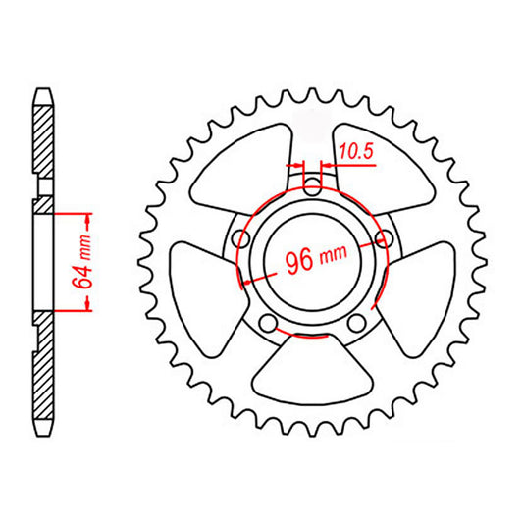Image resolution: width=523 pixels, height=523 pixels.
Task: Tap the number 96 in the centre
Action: pos(300,261)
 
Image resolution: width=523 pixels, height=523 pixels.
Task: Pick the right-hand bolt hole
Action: pos(384,237)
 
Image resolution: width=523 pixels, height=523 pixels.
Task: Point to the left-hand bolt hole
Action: pos(240,237)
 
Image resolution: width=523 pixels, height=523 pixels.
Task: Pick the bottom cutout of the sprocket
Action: pos(312,373)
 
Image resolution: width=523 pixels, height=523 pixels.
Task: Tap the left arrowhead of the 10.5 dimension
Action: pos(298,166)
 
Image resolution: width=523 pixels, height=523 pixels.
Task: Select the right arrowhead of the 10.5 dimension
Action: pos(327,166)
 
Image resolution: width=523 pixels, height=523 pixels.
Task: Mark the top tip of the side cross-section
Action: pos(43,91)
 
